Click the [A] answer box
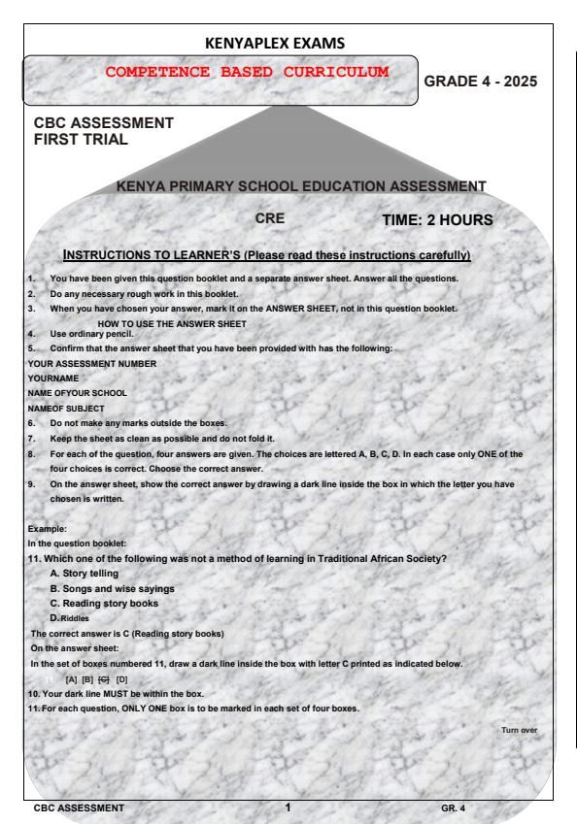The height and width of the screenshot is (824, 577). (x=72, y=678)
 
